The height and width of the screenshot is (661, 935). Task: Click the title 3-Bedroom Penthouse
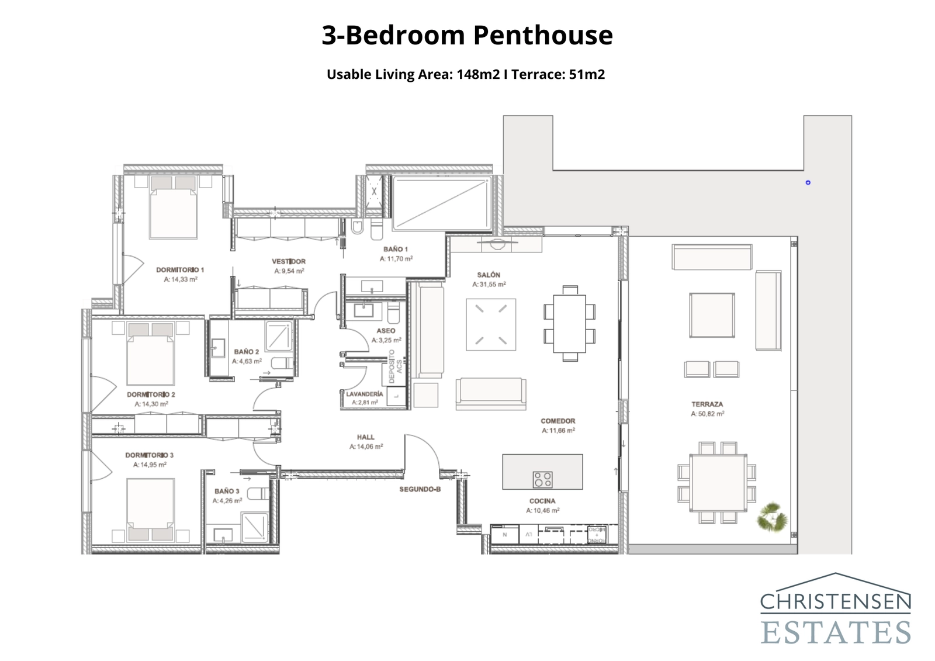point(467,35)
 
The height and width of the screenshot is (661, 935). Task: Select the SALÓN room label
point(489,275)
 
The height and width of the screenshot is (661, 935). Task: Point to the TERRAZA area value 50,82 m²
point(707,414)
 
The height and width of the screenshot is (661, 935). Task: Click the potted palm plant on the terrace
point(772,517)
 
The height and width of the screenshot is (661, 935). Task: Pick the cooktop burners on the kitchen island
point(542,479)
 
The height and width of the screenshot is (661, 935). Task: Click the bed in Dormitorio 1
point(174,207)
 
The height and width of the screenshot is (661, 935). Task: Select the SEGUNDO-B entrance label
point(420,489)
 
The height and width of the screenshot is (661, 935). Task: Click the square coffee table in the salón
point(491,324)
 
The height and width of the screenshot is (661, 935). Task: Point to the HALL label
point(366,437)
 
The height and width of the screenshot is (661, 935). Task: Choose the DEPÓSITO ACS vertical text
point(396,366)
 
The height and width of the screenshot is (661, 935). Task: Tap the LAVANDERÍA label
point(365,394)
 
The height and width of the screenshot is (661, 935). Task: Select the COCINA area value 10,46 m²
point(542,510)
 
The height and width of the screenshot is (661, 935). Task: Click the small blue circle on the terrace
point(808,182)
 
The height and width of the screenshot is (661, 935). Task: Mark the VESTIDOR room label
point(289,261)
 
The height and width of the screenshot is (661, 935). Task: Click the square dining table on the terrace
point(718,483)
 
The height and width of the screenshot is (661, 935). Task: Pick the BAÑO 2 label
point(246,351)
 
